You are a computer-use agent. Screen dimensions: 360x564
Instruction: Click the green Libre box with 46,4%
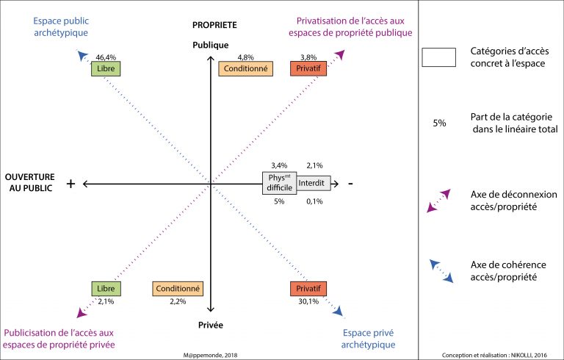tap(106, 68)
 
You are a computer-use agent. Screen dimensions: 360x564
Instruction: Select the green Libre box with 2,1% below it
tap(106, 289)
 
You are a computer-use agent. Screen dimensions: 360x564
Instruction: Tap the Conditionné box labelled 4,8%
tap(245, 68)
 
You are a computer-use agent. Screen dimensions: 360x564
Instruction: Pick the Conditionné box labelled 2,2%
tap(178, 289)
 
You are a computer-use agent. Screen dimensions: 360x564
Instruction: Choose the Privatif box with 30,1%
tap(308, 289)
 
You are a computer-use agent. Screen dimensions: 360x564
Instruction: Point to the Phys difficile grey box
tap(279, 183)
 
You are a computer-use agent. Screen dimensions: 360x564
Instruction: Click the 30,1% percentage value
tap(308, 301)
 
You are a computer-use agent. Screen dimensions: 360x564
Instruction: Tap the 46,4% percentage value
tap(106, 57)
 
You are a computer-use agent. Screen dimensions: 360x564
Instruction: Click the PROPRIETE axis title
tap(210, 25)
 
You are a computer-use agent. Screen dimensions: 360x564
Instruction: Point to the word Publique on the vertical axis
tap(210, 45)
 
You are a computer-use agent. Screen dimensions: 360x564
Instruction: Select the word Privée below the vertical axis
tap(210, 324)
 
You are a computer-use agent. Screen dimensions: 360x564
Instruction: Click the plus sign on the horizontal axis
tap(71, 184)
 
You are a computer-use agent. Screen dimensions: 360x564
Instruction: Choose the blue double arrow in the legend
tap(441, 270)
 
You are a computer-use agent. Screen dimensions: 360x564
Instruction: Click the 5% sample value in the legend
tap(439, 123)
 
